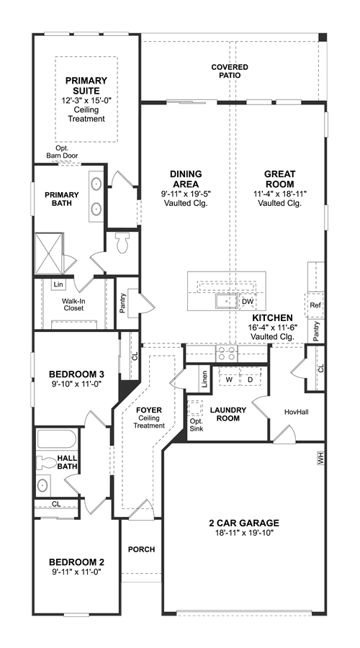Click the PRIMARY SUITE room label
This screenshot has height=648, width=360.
click(x=86, y=85)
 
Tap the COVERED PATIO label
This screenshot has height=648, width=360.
click(x=230, y=71)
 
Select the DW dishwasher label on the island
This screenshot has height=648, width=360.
click(x=248, y=302)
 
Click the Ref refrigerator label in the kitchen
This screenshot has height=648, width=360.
click(x=315, y=305)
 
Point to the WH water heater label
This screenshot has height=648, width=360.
click(x=320, y=459)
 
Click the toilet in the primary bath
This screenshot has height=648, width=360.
click(x=122, y=243)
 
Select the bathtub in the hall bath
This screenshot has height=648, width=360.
click(x=57, y=439)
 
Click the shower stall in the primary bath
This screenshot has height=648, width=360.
click(x=49, y=253)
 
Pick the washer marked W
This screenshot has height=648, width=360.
click(x=228, y=379)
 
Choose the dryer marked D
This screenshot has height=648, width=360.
click(x=250, y=379)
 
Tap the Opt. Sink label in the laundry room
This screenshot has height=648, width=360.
click(x=197, y=425)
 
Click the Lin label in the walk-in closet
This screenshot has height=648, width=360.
click(x=58, y=284)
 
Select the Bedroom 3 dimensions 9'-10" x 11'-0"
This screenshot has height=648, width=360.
click(x=76, y=383)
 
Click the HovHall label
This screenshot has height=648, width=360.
click(x=297, y=412)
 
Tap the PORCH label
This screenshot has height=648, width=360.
click(x=141, y=549)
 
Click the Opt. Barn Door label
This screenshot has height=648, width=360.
click(x=61, y=152)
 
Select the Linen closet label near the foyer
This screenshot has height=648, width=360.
click(x=205, y=379)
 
